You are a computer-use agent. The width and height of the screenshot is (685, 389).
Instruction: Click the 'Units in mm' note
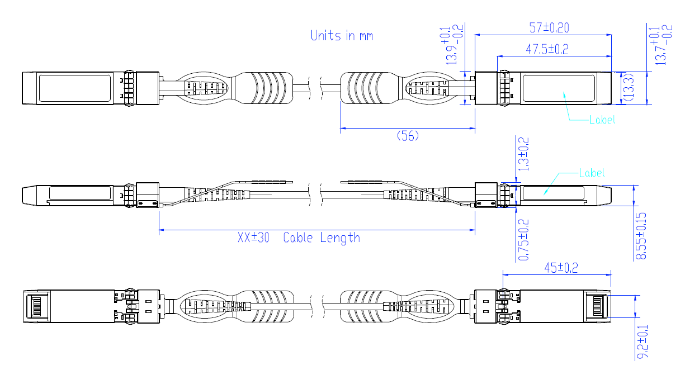click(x=342, y=36)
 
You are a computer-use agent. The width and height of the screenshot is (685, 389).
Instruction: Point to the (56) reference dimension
click(x=408, y=136)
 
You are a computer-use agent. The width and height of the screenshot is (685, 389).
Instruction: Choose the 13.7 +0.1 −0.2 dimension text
click(x=660, y=45)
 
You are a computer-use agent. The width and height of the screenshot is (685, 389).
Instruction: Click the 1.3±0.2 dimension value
click(x=524, y=154)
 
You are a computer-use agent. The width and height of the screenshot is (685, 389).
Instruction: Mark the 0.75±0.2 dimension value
click(x=524, y=239)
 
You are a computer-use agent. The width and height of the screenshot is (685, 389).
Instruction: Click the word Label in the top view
click(x=602, y=120)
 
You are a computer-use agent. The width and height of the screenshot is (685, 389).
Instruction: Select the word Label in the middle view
click(x=592, y=173)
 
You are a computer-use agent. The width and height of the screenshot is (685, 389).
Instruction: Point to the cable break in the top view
click(x=323, y=87)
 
